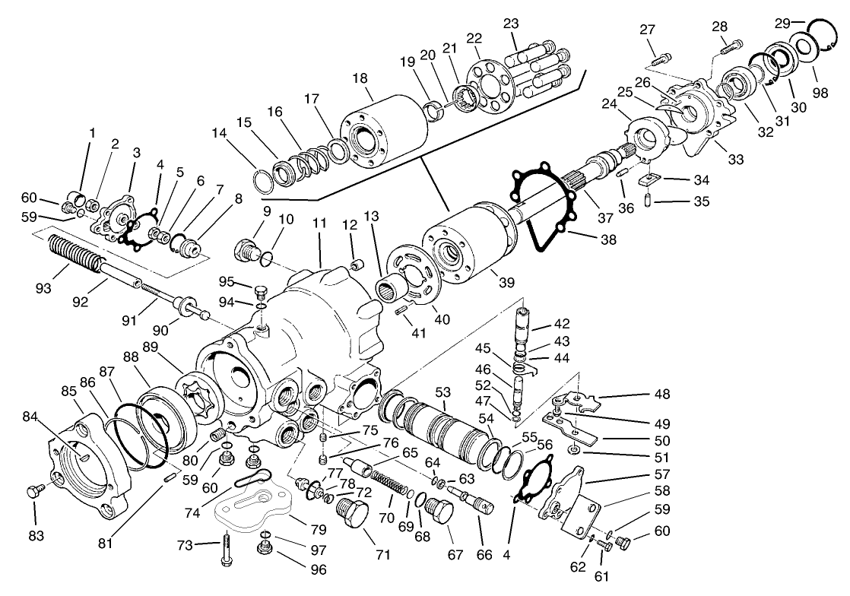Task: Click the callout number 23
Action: pos(511,24)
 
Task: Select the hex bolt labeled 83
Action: pos(33,491)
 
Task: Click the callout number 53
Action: pos(442,392)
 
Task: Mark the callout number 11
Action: pos(319,224)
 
